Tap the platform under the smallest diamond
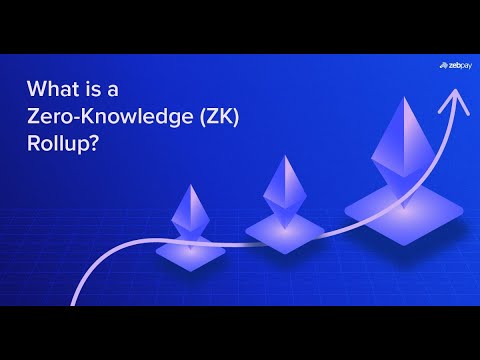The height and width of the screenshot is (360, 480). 190,252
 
